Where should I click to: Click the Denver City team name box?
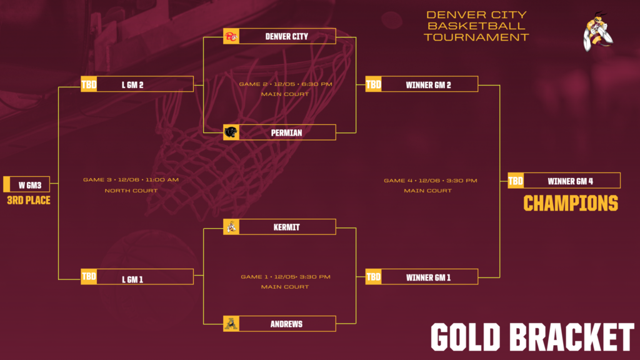[x=287, y=36]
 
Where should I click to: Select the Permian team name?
[x=287, y=132]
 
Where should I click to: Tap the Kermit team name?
[x=287, y=227]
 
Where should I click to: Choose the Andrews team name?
[x=287, y=324]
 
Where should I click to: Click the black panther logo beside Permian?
[x=232, y=132]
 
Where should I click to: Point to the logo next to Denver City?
[x=232, y=36]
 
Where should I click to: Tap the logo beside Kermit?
[x=232, y=227]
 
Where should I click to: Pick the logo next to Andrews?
[x=232, y=324]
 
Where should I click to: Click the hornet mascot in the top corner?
[x=597, y=32]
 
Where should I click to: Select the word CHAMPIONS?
[x=570, y=204]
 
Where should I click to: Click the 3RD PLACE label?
[x=29, y=201]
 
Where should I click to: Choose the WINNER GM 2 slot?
[x=429, y=85]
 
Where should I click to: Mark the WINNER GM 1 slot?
[x=429, y=277]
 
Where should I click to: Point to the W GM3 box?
[x=30, y=185]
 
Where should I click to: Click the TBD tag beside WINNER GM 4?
[x=516, y=181]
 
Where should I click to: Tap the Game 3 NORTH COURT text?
[x=131, y=190]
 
